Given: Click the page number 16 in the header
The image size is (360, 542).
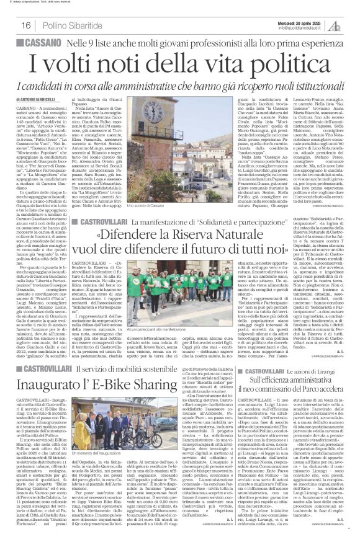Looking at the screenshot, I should point(27,25).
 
